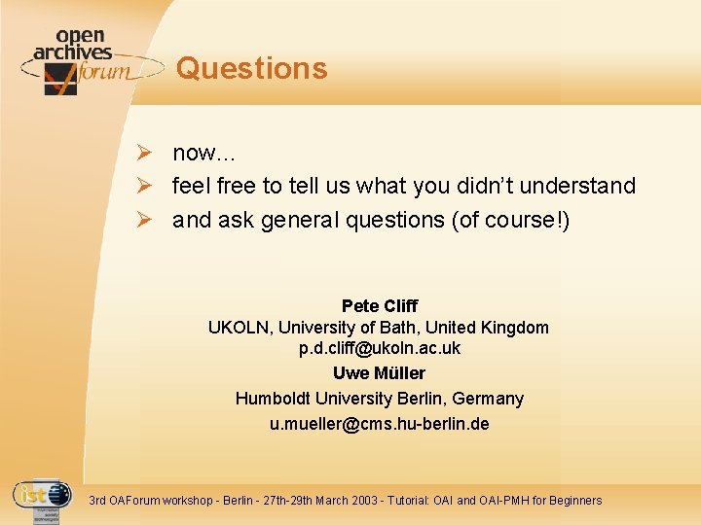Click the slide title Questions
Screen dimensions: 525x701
click(252, 68)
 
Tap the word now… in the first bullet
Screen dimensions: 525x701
click(203, 153)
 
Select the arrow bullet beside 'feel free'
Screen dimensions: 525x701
click(142, 186)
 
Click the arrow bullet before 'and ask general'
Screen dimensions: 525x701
click(142, 220)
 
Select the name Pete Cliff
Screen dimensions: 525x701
click(379, 306)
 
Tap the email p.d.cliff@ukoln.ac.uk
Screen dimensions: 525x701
click(379, 348)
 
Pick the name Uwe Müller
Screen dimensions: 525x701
click(379, 373)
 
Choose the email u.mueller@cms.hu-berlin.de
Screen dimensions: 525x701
click(379, 424)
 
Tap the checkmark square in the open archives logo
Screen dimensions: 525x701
click(60, 79)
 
